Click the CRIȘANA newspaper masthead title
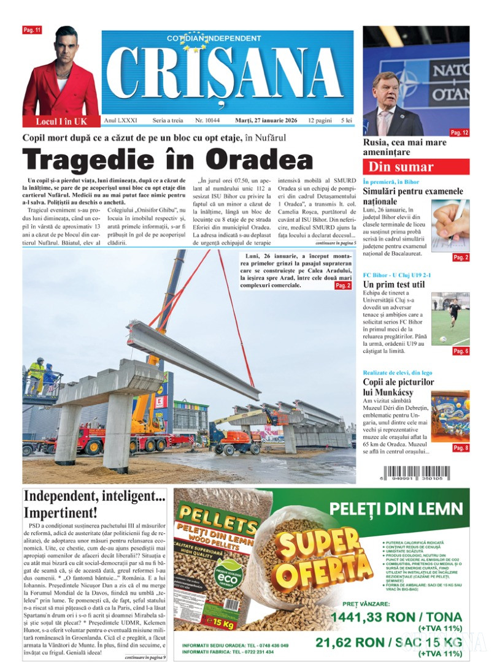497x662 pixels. click(225, 72)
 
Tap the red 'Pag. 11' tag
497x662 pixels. click(31, 30)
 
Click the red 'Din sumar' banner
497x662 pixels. click(415, 167)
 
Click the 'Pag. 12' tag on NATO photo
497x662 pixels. click(459, 132)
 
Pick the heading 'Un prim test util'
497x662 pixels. click(393, 284)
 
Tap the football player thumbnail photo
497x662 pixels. click(450, 318)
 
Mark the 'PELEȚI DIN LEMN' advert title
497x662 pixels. click(395, 508)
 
